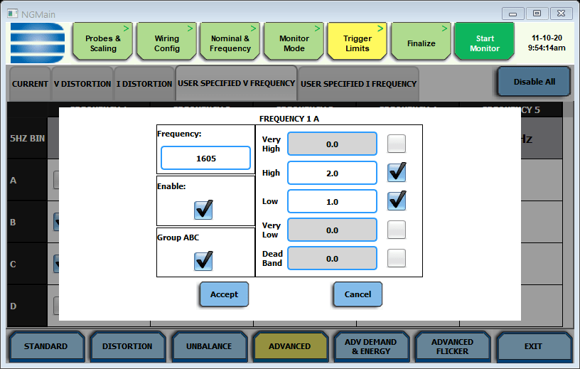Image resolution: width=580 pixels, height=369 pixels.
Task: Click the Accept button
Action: coord(224,294)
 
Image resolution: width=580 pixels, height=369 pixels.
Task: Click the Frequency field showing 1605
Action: coord(205,158)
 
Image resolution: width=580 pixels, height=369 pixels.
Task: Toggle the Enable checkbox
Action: coord(203,210)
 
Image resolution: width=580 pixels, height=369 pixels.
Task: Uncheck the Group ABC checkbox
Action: coord(203,261)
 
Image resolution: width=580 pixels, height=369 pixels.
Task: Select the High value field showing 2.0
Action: coord(332,173)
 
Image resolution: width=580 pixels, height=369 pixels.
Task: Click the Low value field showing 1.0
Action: coord(332,201)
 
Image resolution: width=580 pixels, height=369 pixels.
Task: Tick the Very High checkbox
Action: coord(397,144)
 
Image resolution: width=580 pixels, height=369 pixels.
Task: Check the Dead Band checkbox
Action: coord(397,258)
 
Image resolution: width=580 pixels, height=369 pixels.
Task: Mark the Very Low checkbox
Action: coord(397,230)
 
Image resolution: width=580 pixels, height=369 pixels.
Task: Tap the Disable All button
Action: coord(534,82)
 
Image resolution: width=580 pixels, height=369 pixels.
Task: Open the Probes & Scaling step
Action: coord(103,43)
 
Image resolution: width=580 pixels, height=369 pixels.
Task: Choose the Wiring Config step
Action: coord(167,43)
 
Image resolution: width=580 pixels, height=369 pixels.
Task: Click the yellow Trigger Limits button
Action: coord(357,43)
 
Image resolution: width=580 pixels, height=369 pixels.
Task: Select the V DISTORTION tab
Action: coord(82,84)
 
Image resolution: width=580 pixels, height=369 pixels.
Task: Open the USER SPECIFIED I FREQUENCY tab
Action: coord(358,84)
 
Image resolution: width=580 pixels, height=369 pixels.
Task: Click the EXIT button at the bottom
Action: coord(533,346)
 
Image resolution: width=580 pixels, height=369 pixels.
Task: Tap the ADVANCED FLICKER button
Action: coord(452,346)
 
